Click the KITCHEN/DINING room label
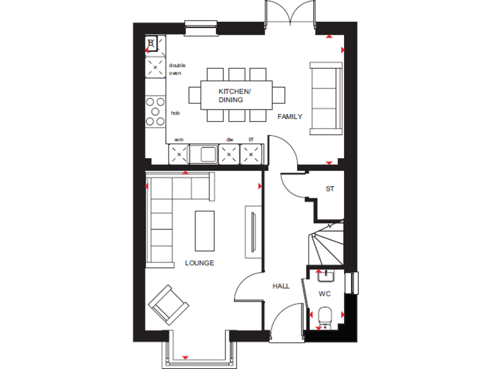234,96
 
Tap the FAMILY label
290,117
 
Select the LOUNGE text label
199,263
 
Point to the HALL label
281,286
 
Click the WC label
325,294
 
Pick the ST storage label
330,189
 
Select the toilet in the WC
324,316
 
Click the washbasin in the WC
325,276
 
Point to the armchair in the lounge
168,303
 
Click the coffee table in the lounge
205,231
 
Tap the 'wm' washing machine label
179,139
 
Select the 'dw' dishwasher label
229,139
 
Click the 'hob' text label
175,113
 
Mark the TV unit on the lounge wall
254,232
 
